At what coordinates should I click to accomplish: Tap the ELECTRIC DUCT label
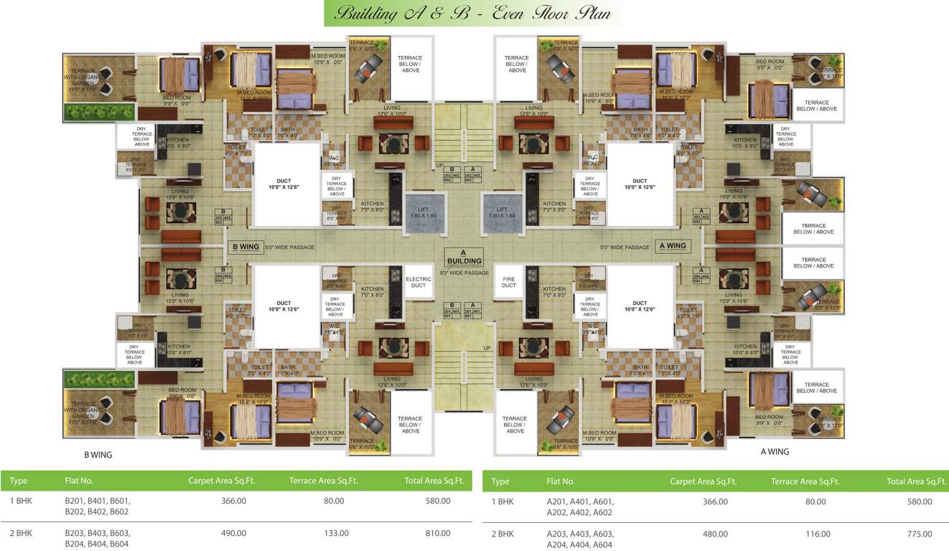click(x=419, y=282)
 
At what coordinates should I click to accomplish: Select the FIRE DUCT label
click(x=509, y=282)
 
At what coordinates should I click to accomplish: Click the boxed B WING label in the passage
click(x=246, y=247)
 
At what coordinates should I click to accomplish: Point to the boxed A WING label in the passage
click(x=673, y=246)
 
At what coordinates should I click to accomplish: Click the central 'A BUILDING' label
click(x=464, y=257)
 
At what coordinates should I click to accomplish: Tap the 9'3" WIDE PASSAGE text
click(x=464, y=273)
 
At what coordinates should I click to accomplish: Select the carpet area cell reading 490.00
click(x=233, y=533)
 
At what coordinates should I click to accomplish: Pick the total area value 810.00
click(x=437, y=533)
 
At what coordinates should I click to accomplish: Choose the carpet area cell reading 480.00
click(x=715, y=534)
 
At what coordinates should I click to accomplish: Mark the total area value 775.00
click(x=919, y=534)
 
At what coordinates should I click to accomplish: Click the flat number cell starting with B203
click(x=98, y=539)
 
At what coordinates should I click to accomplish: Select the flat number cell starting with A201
click(x=580, y=507)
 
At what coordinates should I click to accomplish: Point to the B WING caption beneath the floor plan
click(x=98, y=455)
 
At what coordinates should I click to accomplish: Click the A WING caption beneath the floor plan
click(x=775, y=452)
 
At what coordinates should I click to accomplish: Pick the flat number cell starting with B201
click(x=98, y=506)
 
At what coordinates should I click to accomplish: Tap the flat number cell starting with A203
click(x=580, y=540)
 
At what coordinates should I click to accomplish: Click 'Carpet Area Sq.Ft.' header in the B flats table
click(x=222, y=481)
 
